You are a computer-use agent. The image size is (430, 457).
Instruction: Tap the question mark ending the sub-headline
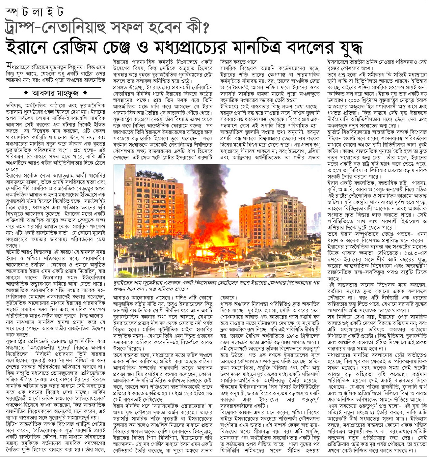(x=206, y=28)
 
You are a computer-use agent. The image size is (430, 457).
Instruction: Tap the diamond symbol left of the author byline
(x=26, y=93)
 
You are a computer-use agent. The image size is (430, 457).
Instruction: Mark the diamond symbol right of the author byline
(x=85, y=93)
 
